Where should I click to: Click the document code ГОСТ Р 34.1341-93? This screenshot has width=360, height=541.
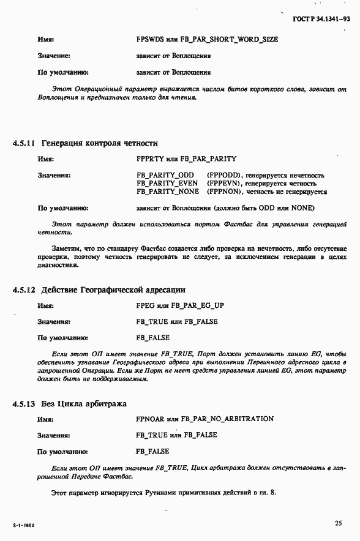click(321, 19)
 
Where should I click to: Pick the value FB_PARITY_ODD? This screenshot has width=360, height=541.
click(165, 176)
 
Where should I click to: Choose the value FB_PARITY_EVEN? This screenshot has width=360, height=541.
click(167, 184)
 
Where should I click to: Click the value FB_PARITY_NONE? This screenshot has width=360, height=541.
click(168, 192)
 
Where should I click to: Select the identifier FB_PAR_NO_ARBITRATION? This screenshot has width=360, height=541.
click(228, 419)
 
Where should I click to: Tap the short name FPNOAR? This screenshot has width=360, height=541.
click(150, 419)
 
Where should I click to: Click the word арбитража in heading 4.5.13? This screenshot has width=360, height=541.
click(105, 403)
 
